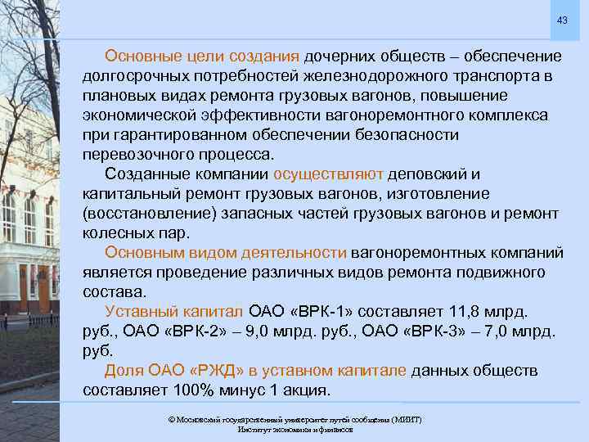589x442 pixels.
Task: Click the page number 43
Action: coord(561,20)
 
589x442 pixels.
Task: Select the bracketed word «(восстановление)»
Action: coord(143,213)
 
